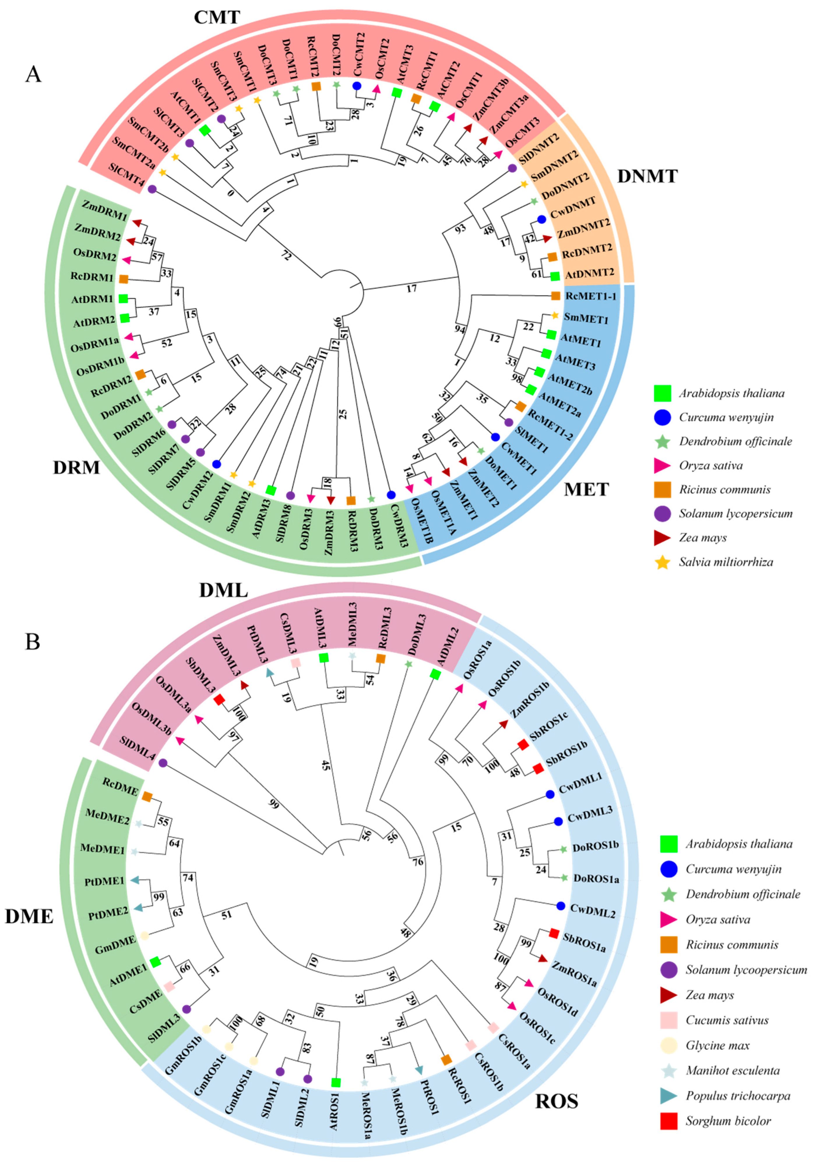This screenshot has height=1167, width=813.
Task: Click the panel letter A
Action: pos(33,74)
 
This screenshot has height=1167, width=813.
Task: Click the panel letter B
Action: pos(33,641)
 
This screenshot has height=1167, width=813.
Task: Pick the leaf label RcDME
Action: pos(120,786)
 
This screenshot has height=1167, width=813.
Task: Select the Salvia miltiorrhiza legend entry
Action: pos(726,562)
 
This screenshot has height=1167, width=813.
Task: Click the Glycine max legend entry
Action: pos(717,1045)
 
